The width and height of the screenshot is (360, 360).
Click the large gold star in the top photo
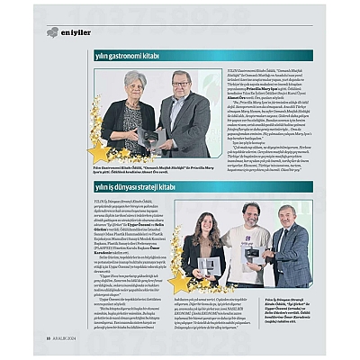click(x=98, y=150)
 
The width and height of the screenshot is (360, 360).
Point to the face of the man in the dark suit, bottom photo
click(x=287, y=217)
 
